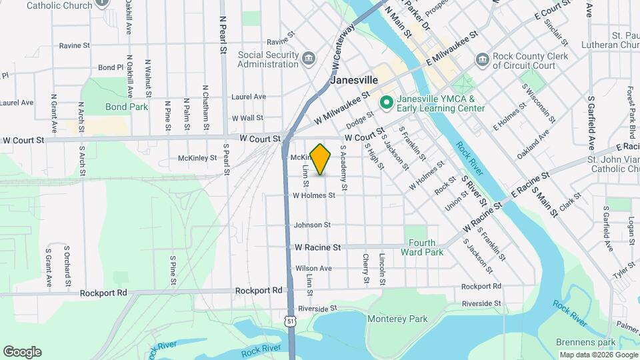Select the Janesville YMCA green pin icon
385,103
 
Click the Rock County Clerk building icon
482,61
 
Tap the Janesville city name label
354,79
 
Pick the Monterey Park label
397,319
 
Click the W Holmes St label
313,195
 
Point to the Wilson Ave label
313,269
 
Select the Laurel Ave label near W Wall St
248,97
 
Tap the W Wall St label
247,118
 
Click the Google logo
22,351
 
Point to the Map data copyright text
598,355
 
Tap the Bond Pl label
111,67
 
